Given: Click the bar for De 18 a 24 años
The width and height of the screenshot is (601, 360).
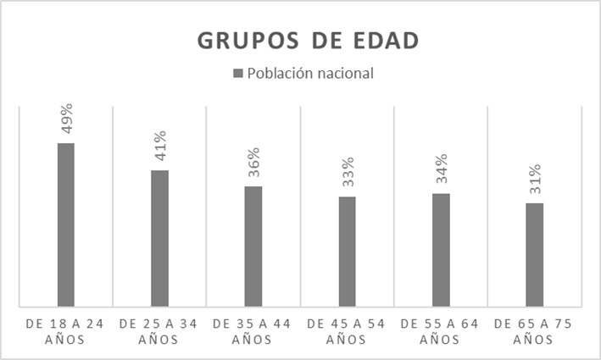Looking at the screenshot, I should pos(65,224).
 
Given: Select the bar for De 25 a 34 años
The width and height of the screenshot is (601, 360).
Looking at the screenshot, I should pos(159,238).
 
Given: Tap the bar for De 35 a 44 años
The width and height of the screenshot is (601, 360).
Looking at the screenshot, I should pos(253,246).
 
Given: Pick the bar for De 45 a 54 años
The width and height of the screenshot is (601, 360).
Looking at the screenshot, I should pos(347,252).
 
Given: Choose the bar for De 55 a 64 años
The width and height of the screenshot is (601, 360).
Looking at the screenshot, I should pos(440,250).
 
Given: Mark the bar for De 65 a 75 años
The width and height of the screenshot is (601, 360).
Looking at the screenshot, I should pos(534,254).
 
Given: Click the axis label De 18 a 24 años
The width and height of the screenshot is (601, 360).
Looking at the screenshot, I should pos(66,331).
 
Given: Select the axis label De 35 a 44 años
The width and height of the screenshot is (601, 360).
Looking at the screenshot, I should pos(253,331).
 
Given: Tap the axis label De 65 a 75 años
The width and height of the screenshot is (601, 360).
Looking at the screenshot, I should pos(534,331).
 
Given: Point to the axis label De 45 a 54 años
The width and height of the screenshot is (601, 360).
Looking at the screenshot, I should pos(347,331).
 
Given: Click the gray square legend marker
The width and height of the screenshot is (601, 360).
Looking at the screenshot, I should pos(238,73).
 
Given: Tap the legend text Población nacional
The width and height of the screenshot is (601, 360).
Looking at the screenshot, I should pos(310,73).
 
